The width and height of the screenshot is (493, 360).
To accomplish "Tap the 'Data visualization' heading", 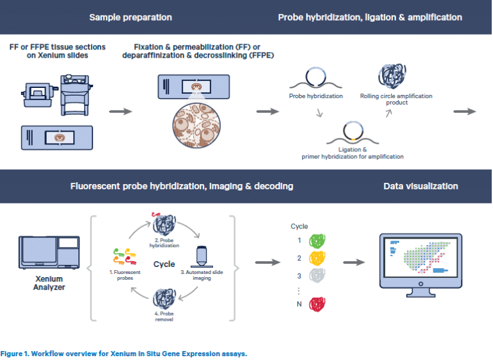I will pyautogui.click(x=420, y=186).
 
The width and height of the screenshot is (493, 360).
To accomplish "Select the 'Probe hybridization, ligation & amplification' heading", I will pyautogui.click(x=370, y=17).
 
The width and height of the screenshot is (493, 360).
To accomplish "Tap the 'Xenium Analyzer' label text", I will pyautogui.click(x=49, y=283).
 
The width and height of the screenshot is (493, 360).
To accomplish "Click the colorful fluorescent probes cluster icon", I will pyautogui.click(x=123, y=255).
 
